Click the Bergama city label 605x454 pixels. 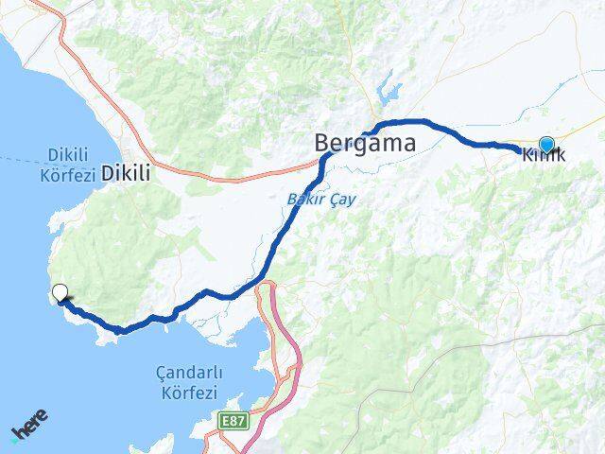tap(365, 143)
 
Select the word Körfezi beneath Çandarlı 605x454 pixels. tap(184, 393)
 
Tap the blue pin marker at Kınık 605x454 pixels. tap(546, 144)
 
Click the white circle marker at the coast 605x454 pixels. tap(60, 293)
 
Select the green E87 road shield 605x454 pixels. tap(233, 417)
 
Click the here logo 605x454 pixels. tap(30, 425)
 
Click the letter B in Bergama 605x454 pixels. tap(323, 143)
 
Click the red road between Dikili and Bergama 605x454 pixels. tap(236, 173)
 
